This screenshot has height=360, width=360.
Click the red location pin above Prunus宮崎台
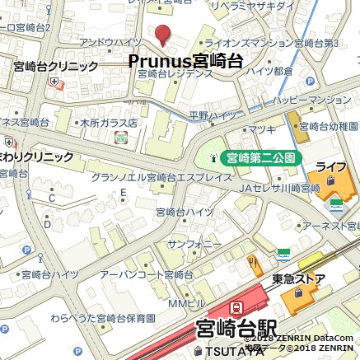(162, 34)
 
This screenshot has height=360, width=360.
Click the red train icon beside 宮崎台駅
(236, 309)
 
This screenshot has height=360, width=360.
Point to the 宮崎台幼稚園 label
(330, 127)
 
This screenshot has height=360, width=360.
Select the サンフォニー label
(194, 245)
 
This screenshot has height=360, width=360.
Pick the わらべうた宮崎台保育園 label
(102, 318)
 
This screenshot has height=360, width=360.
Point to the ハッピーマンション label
(313, 100)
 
